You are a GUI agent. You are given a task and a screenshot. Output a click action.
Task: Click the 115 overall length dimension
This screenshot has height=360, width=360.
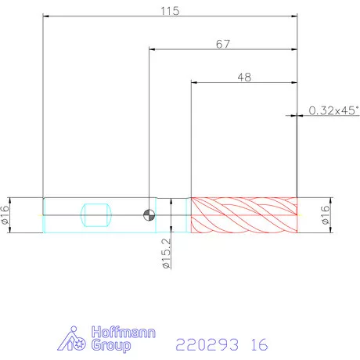tap(170, 11)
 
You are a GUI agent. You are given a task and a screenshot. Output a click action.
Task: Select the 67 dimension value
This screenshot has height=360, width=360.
tap(223, 44)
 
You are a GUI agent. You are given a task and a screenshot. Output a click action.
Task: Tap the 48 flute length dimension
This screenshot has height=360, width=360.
tap(244, 77)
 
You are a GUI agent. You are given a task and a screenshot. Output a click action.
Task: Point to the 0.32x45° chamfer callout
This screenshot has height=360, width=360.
tap(334, 110)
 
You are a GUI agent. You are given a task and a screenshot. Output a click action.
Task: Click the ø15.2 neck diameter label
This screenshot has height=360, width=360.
tap(166, 253)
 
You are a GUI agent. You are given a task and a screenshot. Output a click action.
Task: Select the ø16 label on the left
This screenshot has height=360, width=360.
tap(5, 214)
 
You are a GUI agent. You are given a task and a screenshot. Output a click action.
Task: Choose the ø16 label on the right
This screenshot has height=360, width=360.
tap(326, 214)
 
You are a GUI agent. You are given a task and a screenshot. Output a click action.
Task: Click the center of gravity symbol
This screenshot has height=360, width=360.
tap(149, 215)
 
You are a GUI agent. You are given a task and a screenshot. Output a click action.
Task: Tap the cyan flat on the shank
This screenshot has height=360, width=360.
tap(96, 215)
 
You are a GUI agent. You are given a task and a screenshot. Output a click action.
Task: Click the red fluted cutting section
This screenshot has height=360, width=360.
tap(244, 215)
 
